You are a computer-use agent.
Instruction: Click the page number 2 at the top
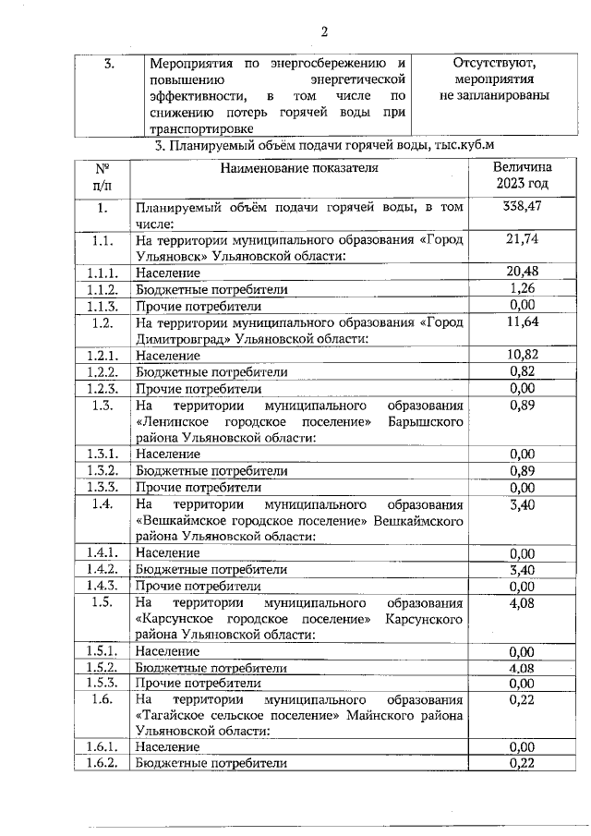[324, 32]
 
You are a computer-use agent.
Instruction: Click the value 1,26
[522, 288]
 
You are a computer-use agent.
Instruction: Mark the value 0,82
[522, 371]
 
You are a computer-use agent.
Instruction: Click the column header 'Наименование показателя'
[299, 168]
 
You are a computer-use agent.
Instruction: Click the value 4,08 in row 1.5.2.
[522, 667]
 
